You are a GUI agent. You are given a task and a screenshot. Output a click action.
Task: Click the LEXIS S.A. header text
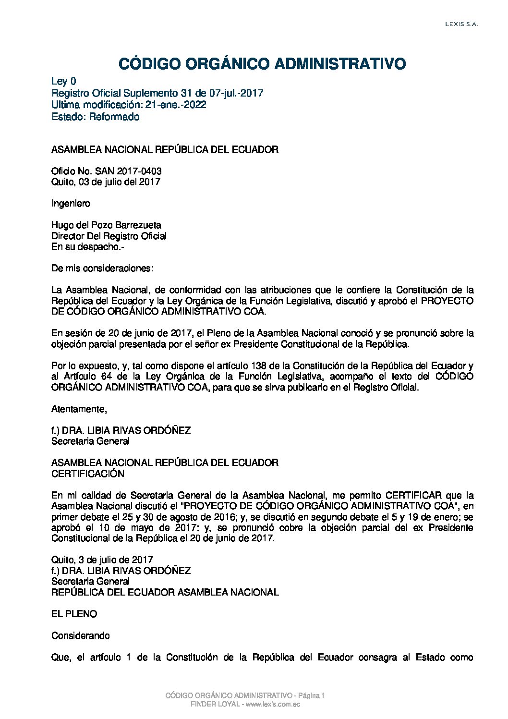(461, 24)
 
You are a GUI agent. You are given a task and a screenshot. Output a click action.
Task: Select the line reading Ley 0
(63, 81)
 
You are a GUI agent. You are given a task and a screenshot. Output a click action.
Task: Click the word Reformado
(114, 117)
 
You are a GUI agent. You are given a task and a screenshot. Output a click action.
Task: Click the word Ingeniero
(71, 203)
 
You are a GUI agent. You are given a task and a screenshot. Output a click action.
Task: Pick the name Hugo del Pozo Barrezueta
(106, 225)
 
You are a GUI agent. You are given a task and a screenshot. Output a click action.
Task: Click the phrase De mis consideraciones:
(102, 268)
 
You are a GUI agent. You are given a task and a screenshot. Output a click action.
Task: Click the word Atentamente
(78, 409)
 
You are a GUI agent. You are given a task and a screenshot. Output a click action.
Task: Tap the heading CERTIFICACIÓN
(88, 474)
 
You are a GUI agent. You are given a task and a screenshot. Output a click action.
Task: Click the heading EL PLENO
(74, 614)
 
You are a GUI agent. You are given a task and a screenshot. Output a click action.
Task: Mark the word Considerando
(81, 635)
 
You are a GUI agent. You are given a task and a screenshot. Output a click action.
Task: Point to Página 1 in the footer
(312, 695)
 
